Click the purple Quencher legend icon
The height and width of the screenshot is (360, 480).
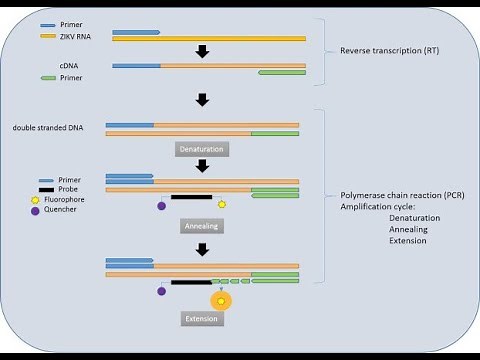(33, 211)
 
